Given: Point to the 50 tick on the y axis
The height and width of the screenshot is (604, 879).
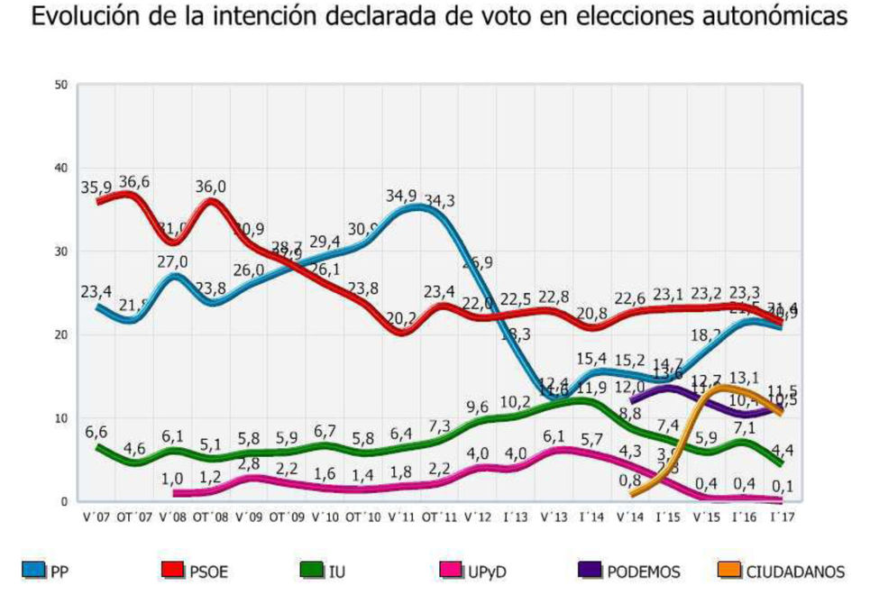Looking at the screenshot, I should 62,85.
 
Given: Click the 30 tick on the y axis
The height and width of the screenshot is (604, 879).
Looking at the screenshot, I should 62,252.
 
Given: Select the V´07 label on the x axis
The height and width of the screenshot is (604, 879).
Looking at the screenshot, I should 97,517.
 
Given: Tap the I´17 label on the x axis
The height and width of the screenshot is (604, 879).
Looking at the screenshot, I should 780,517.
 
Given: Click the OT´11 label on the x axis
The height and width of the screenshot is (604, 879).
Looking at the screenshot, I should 438,517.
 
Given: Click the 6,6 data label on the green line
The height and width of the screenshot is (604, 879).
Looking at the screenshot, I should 97,432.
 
